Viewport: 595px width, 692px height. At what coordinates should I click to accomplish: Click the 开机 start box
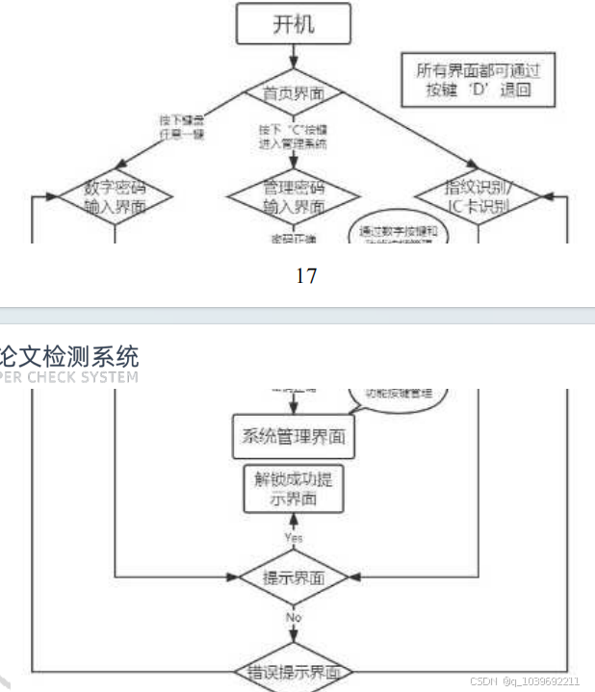293,26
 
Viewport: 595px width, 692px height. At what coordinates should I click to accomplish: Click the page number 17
305,276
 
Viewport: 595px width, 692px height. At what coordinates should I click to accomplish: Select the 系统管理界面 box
293,438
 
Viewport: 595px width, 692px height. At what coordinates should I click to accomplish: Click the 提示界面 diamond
293,578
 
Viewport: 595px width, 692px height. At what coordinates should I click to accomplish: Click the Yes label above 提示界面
293,536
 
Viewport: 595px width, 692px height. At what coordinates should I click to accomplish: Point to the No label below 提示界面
292,616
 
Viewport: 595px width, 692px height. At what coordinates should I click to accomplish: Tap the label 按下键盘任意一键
181,126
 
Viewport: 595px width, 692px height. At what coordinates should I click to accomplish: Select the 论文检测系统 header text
69,355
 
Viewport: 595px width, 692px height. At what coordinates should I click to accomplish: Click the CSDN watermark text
525,681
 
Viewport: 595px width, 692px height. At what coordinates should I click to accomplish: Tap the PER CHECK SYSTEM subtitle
69,377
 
